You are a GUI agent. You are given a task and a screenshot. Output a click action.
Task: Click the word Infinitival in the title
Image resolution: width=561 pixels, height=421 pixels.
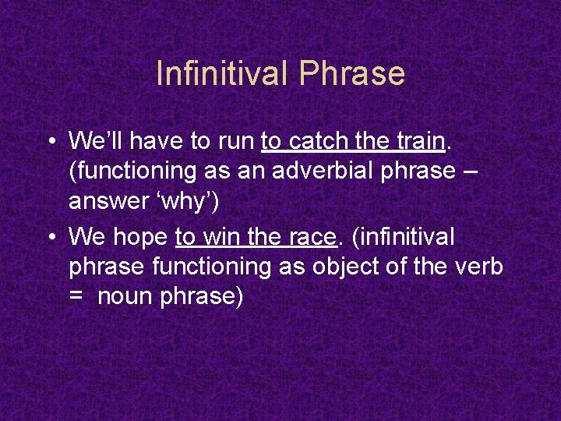coord(222,73)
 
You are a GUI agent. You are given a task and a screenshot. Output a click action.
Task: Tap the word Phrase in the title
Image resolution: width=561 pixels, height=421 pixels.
coord(351,73)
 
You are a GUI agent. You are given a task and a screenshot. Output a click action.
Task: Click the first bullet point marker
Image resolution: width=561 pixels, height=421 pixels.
coord(49,142)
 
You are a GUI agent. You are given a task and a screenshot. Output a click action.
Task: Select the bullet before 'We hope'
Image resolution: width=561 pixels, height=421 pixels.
coord(49,235)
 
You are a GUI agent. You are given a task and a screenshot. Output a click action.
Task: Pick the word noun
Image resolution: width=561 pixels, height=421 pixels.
coord(127,297)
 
